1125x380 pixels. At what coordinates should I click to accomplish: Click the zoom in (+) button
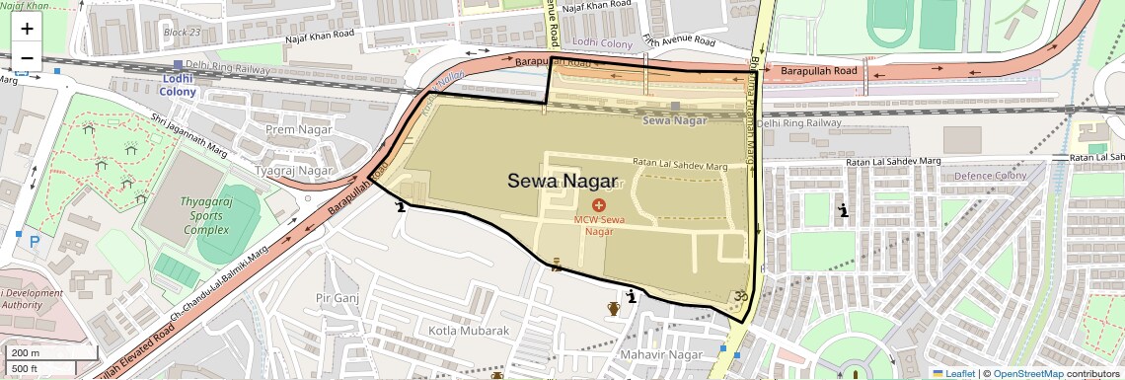pos(27,29)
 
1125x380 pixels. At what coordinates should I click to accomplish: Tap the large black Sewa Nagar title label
pos(562,181)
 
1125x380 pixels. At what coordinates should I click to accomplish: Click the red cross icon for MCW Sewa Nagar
pos(599,203)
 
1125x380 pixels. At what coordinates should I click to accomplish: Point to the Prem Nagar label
pos(301,129)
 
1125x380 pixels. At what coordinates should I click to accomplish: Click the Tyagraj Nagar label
pos(294,170)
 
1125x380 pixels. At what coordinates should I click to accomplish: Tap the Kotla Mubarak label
pos(469,331)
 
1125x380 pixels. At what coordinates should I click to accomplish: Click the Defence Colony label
pos(990,176)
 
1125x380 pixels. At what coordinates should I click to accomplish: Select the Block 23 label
pos(182,32)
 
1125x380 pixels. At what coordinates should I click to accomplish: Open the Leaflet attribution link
pos(952,373)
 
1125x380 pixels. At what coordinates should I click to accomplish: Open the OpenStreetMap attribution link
pos(1027,373)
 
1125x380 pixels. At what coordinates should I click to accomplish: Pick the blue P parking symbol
pos(36,241)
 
